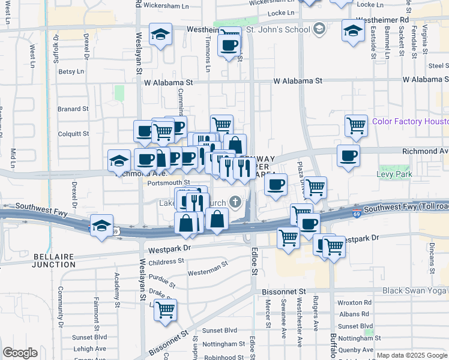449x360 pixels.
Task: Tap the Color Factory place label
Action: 410,121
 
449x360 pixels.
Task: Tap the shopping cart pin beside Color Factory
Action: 356,125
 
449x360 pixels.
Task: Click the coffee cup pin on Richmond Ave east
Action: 348,156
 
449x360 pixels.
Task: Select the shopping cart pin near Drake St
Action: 165,310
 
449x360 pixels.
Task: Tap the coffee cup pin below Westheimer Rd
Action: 229,46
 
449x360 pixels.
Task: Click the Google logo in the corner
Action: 20,353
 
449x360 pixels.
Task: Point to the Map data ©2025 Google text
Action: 411,355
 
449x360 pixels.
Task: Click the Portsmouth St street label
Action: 169,182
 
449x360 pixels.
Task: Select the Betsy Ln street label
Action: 71,71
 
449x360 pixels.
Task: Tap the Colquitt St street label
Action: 73,134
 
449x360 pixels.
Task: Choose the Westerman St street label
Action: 208,265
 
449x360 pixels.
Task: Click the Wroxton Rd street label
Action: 355,303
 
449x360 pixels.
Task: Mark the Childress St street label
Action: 166,262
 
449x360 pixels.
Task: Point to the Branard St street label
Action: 73,109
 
